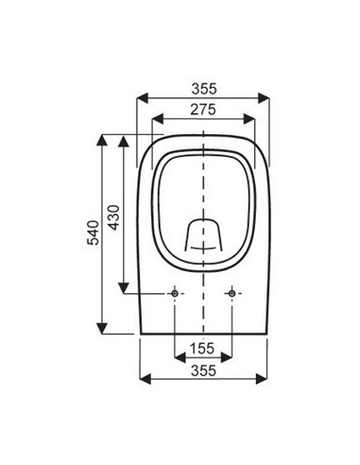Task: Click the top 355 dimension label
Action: (x=204, y=89)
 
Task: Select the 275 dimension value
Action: (x=204, y=111)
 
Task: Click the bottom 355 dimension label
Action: (x=204, y=369)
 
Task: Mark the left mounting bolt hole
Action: (x=174, y=295)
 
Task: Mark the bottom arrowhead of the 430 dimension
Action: (x=123, y=289)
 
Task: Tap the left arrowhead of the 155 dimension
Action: (x=179, y=357)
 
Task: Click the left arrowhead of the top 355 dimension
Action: (x=143, y=99)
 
